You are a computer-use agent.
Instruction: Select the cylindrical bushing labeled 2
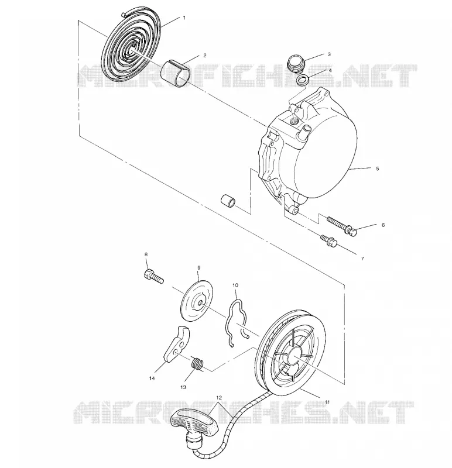[x=176, y=73]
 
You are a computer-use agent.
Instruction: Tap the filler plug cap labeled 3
[x=296, y=63]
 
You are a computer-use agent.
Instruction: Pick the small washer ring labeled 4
[x=303, y=80]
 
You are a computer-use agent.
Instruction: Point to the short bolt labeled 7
[x=328, y=241]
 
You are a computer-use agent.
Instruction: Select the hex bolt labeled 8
[x=154, y=276]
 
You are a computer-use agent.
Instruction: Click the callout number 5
[x=377, y=168]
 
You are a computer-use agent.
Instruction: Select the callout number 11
[x=327, y=402]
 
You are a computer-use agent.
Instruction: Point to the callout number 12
[x=219, y=398]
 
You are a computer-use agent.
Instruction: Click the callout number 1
[x=184, y=18]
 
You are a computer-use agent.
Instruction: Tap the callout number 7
[x=362, y=259]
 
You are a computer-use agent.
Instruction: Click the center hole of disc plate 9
[x=200, y=303]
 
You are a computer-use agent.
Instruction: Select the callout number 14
[x=152, y=378]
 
